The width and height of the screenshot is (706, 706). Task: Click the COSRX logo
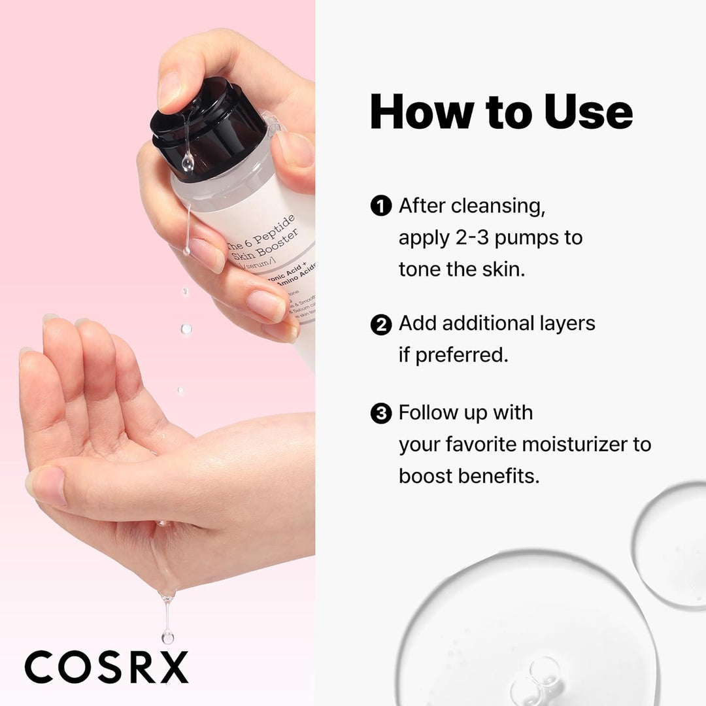(107, 666)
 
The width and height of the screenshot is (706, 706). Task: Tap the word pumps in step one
(520, 238)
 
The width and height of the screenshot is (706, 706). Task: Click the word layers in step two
(563, 324)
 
